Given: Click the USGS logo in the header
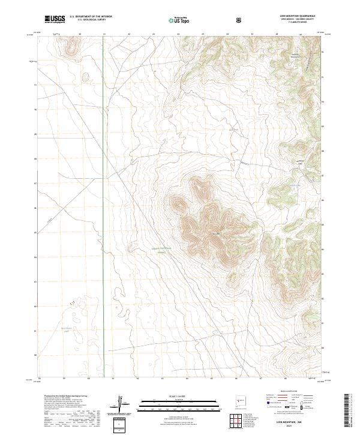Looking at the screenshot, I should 55,20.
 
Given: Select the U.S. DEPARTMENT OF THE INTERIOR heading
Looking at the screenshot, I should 91,17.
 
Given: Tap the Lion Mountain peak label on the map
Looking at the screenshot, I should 215,233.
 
